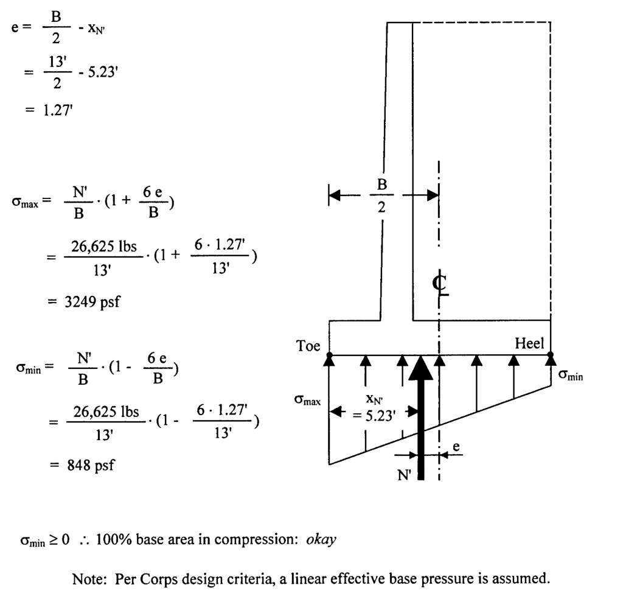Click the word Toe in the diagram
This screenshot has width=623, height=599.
point(308,346)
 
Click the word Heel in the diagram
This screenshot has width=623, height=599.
point(529,343)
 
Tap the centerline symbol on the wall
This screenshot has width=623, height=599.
point(440,283)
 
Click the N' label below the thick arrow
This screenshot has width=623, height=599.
point(405,475)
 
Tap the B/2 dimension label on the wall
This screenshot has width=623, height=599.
point(382,195)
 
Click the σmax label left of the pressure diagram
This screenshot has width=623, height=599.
point(307,399)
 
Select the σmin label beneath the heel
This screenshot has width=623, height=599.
point(571,376)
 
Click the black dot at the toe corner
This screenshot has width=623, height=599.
point(329,355)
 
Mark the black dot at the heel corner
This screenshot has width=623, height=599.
point(551,355)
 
